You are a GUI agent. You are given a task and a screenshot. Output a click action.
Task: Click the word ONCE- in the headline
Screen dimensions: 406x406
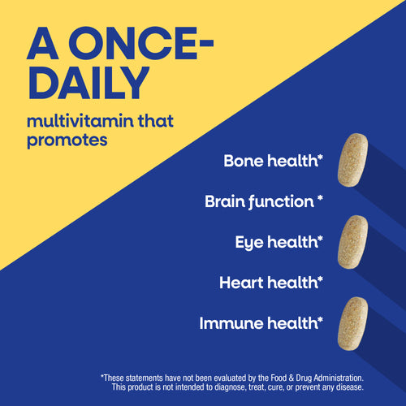point(145,46)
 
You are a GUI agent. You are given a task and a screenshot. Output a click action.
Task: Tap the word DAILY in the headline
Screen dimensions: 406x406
point(89,84)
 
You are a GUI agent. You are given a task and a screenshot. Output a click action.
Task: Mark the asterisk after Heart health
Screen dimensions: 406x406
point(321,279)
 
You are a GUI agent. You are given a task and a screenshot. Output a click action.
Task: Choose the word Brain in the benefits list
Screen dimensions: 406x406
point(227,201)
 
